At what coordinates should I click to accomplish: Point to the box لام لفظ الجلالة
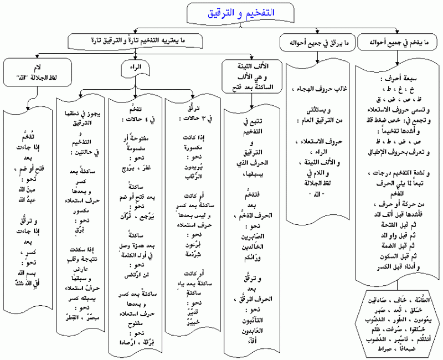click(38, 70)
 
